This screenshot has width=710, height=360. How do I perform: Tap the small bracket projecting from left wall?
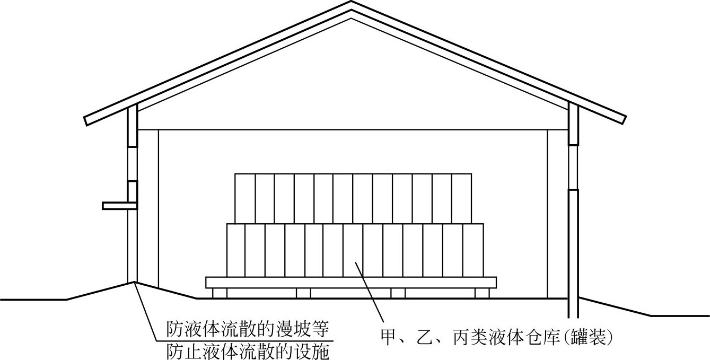coord(119,205)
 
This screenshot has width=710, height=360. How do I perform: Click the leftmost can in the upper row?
coord(245,198)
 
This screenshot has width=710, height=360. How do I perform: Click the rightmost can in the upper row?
coord(461,198)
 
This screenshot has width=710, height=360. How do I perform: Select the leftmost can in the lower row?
coord(236,250)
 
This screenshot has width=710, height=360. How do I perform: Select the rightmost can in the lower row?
coord(473,250)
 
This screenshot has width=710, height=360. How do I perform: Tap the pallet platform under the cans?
coord(350,282)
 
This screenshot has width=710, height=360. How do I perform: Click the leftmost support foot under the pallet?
coord(220,293)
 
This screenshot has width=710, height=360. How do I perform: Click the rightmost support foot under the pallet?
coord(481,293)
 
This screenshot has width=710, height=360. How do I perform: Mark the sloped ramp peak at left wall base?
coord(133,282)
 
